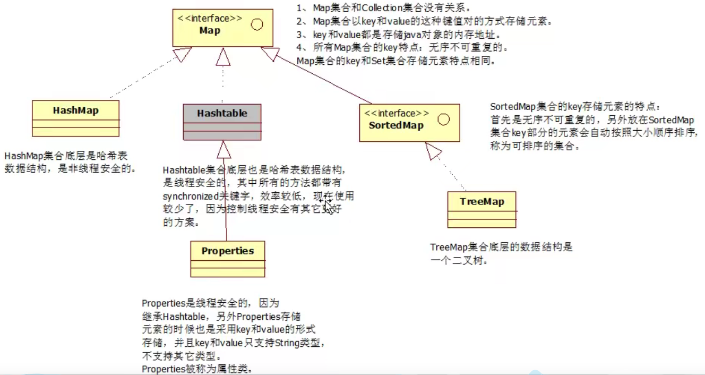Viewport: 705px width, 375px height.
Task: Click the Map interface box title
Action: tap(210, 31)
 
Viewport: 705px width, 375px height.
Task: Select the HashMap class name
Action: tap(75, 110)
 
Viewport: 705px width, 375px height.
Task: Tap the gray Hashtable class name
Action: tap(222, 113)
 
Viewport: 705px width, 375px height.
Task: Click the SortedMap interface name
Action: tap(396, 125)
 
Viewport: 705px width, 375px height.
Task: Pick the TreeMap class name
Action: tap(482, 202)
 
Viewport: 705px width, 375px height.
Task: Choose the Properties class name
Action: tap(228, 251)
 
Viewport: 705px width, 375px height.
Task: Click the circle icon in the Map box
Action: tap(257, 24)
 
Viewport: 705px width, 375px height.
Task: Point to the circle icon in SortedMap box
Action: tap(444, 120)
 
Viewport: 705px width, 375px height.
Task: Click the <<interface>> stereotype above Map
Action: tap(210, 19)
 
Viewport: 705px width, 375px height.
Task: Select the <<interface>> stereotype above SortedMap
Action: tap(396, 114)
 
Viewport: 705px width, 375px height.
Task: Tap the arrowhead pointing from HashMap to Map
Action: tap(182, 54)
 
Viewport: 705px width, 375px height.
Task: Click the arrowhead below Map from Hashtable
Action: tap(223, 56)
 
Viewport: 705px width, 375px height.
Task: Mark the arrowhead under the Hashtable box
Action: tap(223, 150)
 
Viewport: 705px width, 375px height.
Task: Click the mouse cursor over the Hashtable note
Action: tap(328, 205)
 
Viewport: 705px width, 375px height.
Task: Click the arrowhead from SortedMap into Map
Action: tap(270, 53)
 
